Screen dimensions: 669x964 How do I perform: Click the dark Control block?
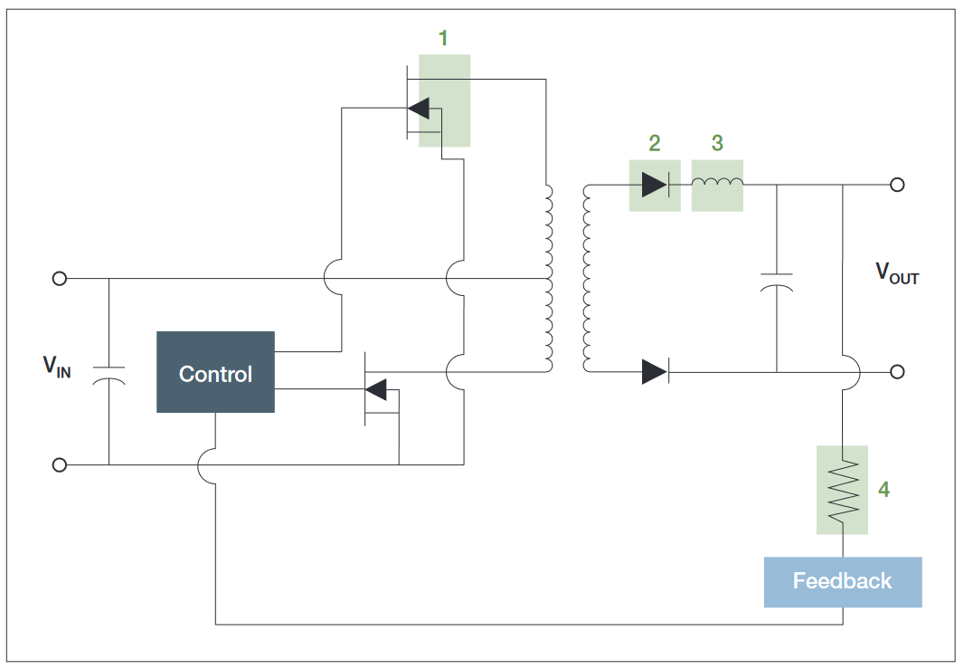(x=215, y=372)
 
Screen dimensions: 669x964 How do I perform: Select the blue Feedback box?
(x=842, y=581)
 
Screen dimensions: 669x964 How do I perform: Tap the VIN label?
(x=56, y=367)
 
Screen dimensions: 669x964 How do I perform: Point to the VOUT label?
(x=895, y=272)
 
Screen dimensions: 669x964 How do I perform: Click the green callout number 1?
(x=443, y=38)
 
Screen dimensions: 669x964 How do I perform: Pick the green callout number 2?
(x=654, y=142)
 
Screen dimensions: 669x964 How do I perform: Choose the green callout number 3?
(x=717, y=142)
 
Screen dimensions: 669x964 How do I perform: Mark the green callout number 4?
(x=884, y=489)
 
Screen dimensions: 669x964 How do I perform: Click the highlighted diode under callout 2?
(x=654, y=185)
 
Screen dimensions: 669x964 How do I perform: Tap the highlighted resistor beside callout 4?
(x=842, y=490)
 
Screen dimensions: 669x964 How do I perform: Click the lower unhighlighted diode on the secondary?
(x=655, y=371)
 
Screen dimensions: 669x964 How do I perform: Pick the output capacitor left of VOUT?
(x=776, y=280)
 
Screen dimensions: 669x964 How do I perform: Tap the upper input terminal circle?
(x=60, y=279)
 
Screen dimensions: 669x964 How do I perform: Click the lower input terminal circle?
(x=60, y=465)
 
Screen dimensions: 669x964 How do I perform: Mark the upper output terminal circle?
(x=897, y=185)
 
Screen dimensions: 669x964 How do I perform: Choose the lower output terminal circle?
(x=897, y=371)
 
